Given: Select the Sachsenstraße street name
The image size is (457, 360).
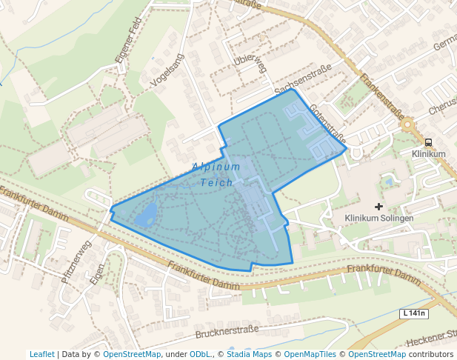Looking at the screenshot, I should [x=302, y=79].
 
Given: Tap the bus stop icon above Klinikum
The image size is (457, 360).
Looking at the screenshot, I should [x=428, y=142].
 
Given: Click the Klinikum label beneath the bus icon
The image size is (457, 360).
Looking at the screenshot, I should [x=428, y=154].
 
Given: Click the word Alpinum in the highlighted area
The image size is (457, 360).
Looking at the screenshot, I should [x=216, y=167].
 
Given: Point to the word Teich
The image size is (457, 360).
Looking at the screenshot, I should [x=216, y=182].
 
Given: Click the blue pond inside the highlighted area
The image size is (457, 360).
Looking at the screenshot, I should [x=146, y=216].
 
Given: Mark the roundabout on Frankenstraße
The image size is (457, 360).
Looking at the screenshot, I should [x=407, y=124].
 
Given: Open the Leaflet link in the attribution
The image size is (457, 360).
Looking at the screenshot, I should [x=41, y=354].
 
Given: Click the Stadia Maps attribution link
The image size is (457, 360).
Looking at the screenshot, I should [x=249, y=354].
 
